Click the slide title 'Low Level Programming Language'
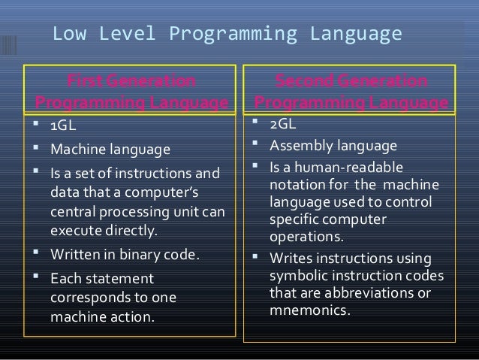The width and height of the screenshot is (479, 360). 227,35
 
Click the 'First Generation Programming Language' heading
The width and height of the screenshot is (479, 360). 131,91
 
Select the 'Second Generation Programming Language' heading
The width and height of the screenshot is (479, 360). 352,91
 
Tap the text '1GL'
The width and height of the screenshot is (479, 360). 64,125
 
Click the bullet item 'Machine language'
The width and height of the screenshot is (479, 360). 110,150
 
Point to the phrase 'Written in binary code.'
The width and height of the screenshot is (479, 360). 125,254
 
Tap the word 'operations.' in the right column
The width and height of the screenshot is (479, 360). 306,236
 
